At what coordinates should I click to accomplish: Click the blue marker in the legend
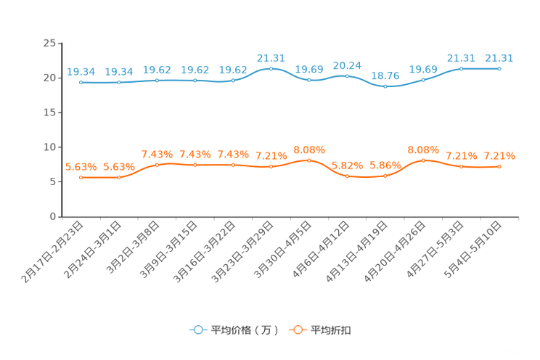(197, 330)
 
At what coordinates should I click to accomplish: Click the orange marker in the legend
(297, 330)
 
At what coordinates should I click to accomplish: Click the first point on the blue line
(81, 82)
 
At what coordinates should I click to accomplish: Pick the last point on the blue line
(499, 68)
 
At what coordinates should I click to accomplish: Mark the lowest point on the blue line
(385, 86)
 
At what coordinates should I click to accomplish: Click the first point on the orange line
(81, 177)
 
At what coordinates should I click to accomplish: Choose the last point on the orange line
(499, 166)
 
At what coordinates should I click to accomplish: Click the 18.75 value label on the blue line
(385, 75)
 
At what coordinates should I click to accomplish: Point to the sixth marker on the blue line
(271, 68)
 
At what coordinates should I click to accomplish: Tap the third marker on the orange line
(157, 165)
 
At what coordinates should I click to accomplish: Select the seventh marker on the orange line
(308, 160)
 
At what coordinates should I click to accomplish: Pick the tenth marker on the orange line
(423, 160)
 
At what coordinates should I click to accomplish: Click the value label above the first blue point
(81, 71)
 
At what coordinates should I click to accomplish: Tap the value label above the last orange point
(499, 155)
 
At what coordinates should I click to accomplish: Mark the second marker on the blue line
(119, 82)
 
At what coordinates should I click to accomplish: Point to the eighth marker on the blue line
(347, 75)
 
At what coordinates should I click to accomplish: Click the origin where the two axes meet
(62, 216)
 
